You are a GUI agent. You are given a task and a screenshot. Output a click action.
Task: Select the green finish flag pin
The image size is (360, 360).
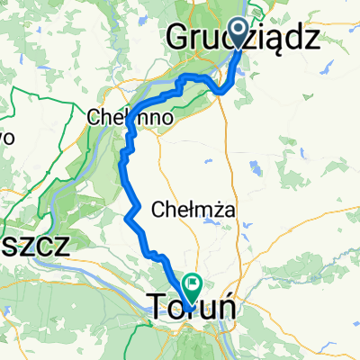click(x=192, y=285)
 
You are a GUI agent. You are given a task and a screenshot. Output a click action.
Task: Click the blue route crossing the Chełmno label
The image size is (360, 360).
click(x=130, y=120)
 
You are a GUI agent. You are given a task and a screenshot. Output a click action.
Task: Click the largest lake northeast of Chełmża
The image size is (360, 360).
click(x=255, y=166)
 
